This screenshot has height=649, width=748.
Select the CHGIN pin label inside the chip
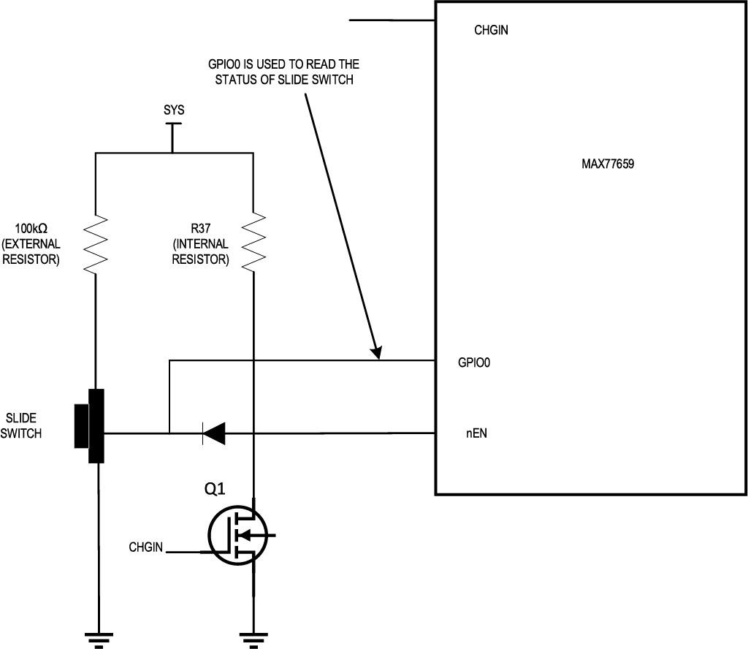[491, 31]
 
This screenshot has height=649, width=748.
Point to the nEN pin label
[476, 433]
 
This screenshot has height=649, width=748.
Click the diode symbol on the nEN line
[213, 434]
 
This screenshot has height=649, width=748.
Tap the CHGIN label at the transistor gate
[145, 547]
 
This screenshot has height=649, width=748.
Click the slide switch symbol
[91, 426]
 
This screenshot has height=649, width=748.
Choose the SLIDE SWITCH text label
[23, 426]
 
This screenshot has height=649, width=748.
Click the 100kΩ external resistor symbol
[95, 242]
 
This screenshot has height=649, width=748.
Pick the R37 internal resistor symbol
[253, 242]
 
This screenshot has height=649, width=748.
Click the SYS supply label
[174, 110]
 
